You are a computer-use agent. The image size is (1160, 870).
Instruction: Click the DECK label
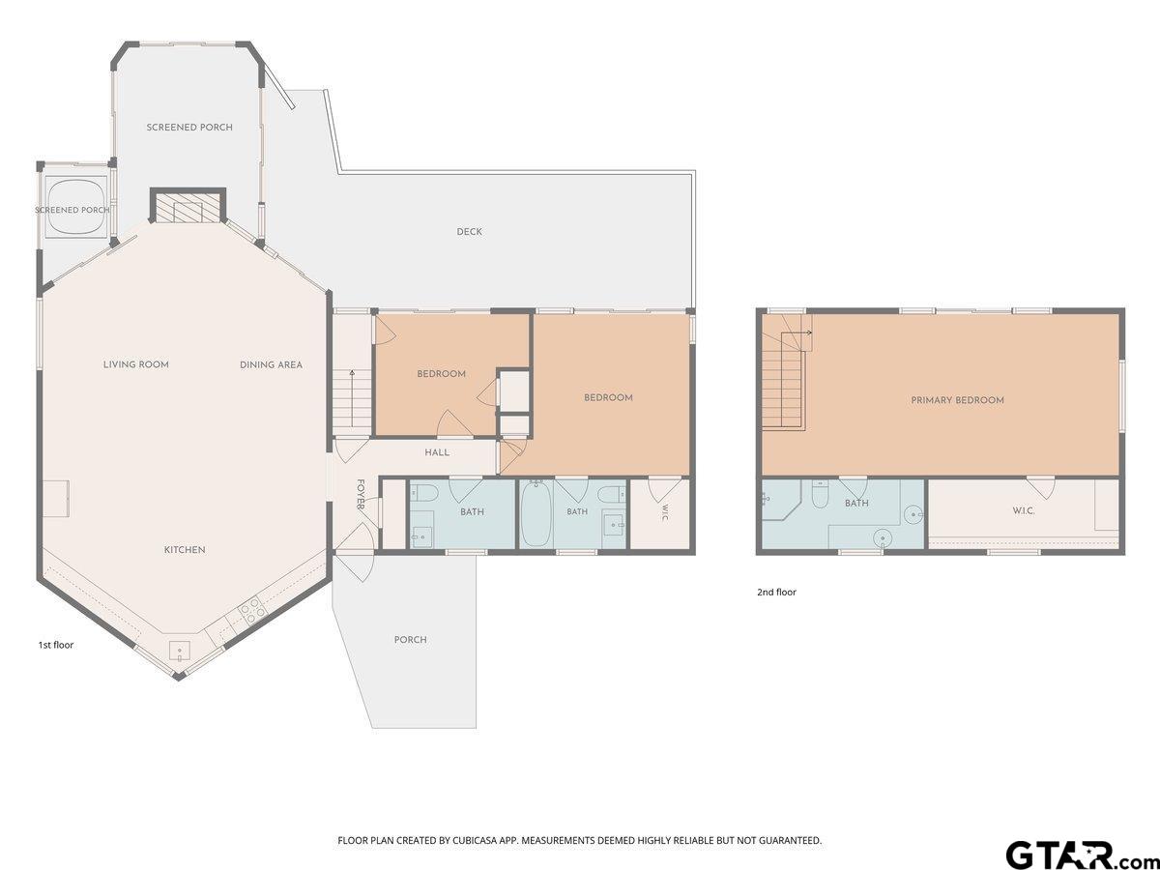click(x=469, y=231)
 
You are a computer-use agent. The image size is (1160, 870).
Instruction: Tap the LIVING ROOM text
click(x=136, y=364)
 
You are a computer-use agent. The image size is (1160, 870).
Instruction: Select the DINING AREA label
click(x=271, y=364)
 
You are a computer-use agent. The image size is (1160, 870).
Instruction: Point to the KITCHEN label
click(x=185, y=550)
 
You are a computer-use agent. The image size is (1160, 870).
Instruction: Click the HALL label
click(x=437, y=452)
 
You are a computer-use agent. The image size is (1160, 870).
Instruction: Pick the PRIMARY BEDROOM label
click(x=958, y=400)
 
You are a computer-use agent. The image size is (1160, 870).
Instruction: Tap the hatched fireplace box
click(x=188, y=207)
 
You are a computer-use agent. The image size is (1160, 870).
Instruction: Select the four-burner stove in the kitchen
click(x=250, y=612)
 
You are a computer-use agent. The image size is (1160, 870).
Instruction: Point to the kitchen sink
click(x=180, y=651)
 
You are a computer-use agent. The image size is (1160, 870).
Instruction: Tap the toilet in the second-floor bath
click(x=820, y=494)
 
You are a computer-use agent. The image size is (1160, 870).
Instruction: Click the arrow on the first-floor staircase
click(x=352, y=399)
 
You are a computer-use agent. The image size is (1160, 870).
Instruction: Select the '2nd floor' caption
click(x=776, y=593)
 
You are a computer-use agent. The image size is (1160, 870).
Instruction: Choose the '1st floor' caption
click(x=55, y=645)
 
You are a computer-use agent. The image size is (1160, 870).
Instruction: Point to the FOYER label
click(x=361, y=494)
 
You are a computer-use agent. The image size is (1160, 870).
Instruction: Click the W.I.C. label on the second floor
click(x=1023, y=510)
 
